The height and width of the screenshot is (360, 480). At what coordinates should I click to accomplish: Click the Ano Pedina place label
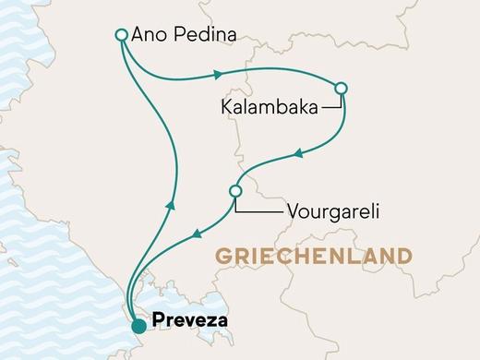[185, 35]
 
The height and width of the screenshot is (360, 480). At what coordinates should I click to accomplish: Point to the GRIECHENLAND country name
[326, 254]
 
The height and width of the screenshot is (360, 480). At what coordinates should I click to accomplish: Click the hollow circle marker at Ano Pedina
[121, 35]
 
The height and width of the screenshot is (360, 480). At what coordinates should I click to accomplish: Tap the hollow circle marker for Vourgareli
[234, 191]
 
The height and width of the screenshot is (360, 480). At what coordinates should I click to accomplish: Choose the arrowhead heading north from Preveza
[169, 204]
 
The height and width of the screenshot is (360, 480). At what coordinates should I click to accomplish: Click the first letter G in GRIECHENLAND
[222, 254]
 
